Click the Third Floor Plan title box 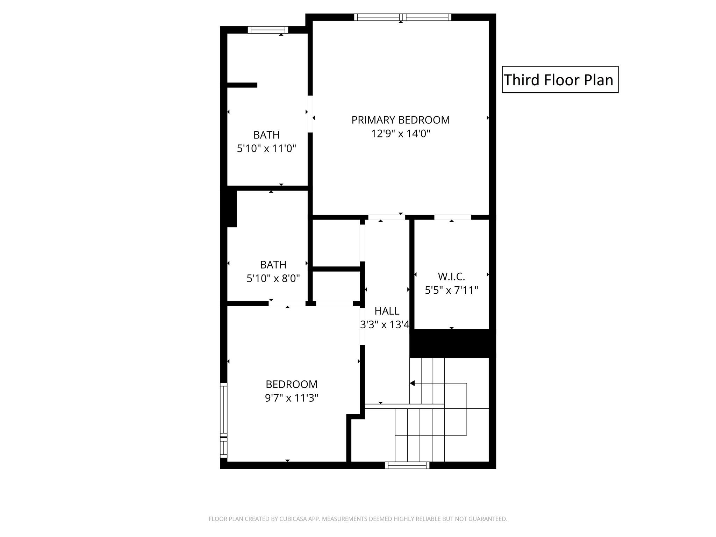pyautogui.click(x=560, y=79)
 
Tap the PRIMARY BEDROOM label pyautogui.click(x=400, y=120)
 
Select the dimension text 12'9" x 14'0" pyautogui.click(x=400, y=134)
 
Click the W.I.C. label pyautogui.click(x=451, y=277)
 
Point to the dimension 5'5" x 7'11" pyautogui.click(x=451, y=290)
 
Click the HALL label pyautogui.click(x=387, y=311)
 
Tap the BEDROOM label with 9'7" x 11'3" pyautogui.click(x=292, y=384)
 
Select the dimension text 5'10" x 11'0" pyautogui.click(x=266, y=149)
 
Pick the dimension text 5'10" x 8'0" pyautogui.click(x=273, y=278)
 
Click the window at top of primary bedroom pyautogui.click(x=403, y=17)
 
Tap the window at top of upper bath pyautogui.click(x=268, y=30)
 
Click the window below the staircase pyautogui.click(x=407, y=465)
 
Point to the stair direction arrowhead pyautogui.click(x=412, y=383)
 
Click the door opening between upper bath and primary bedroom pyautogui.click(x=310, y=114)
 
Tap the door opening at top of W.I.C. pyautogui.click(x=453, y=217)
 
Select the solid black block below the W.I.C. pyautogui.click(x=453, y=343)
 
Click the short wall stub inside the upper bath pyautogui.click(x=242, y=85)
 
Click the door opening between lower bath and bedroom pyautogui.click(x=287, y=303)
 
